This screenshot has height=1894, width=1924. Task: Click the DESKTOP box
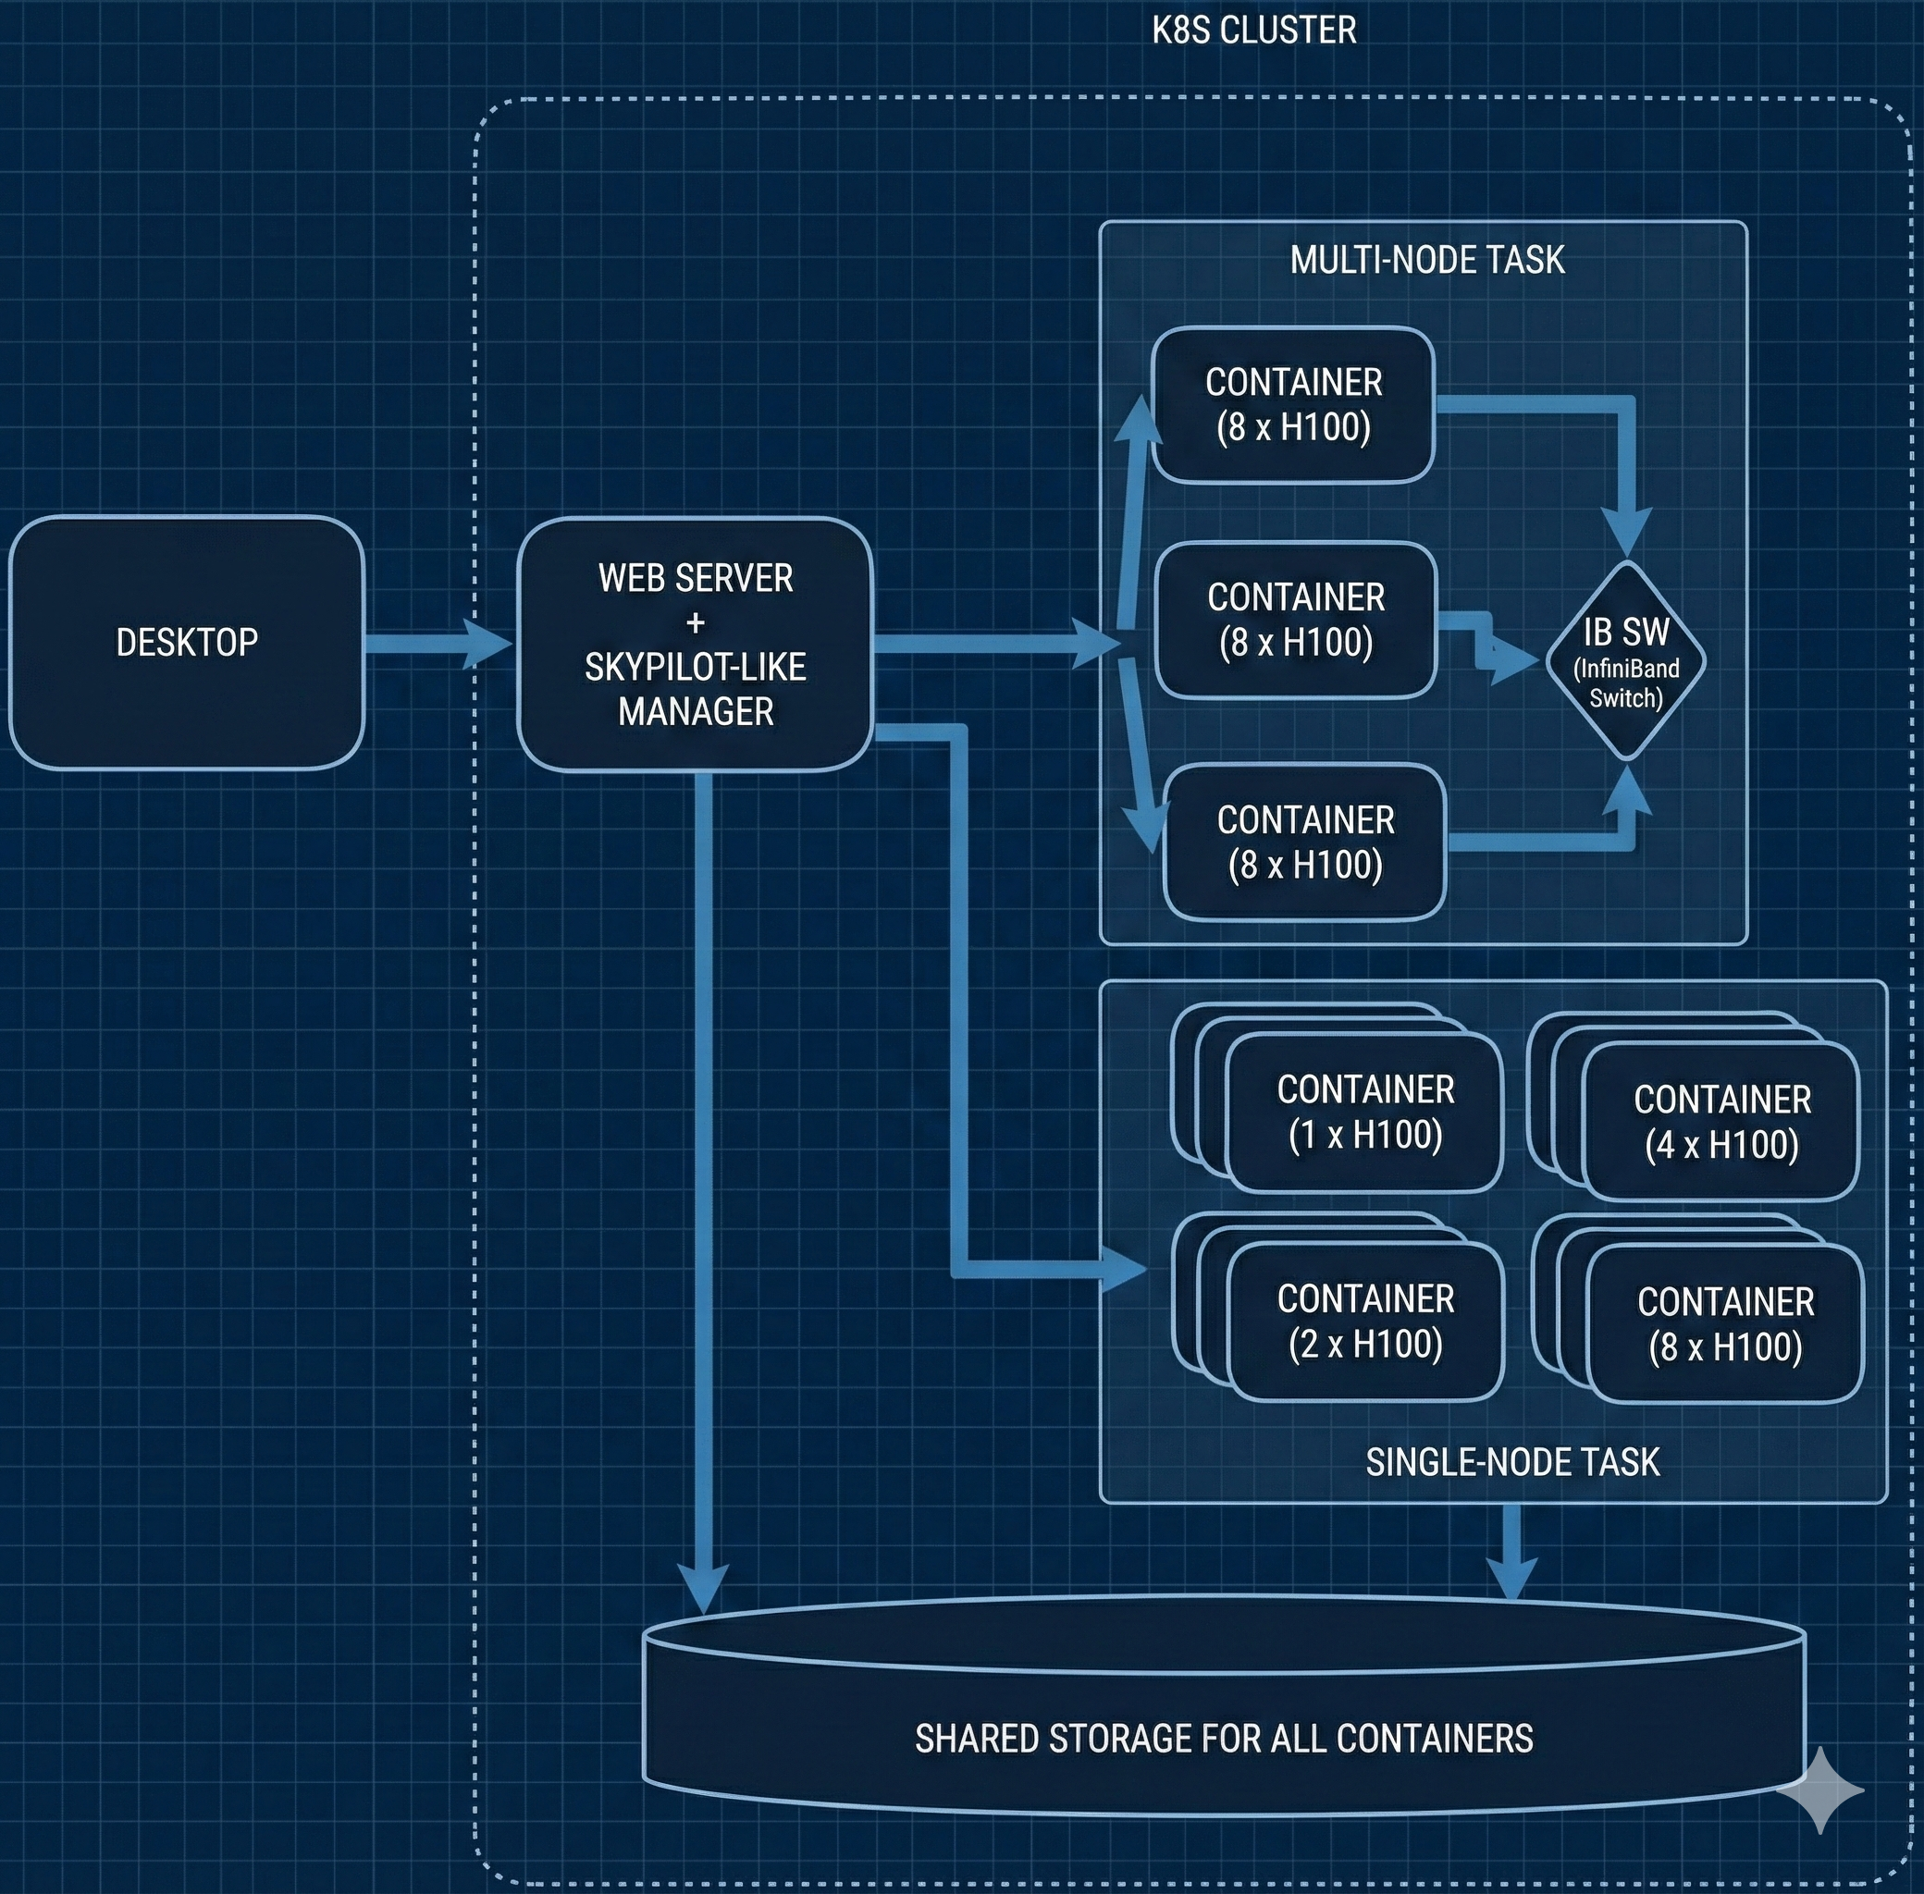coord(186,643)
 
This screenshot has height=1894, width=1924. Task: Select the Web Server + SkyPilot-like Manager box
coord(695,644)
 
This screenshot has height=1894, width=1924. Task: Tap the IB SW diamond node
coord(1625,660)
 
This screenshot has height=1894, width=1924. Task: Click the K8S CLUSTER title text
coord(1253,31)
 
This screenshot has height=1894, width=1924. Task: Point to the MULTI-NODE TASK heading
coord(1426,261)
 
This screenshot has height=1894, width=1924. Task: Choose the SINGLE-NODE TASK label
coord(1512,1461)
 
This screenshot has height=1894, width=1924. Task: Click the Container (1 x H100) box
coord(1365,1113)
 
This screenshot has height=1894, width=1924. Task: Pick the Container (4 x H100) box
coord(1721,1122)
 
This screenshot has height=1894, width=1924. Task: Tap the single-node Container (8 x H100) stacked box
coord(1725,1324)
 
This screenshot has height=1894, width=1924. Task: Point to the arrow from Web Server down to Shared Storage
coord(703,1194)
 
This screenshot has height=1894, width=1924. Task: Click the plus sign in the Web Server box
coord(696,622)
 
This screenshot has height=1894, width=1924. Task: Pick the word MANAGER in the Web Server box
coord(696,711)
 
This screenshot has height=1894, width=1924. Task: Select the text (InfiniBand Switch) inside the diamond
coord(1625,683)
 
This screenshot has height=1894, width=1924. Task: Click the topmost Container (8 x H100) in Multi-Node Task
coord(1292,405)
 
